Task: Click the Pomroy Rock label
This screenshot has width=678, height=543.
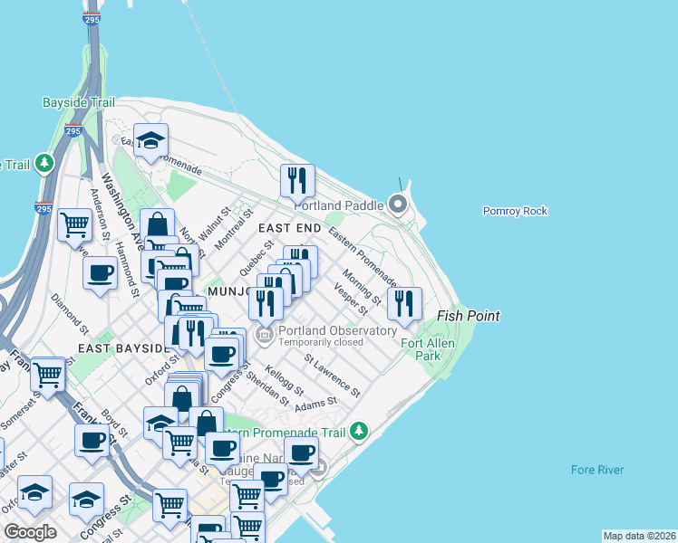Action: (515, 211)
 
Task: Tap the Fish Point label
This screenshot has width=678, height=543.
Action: (469, 316)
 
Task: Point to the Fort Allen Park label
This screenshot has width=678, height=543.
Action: (421, 349)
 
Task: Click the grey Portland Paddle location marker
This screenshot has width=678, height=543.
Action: (398, 205)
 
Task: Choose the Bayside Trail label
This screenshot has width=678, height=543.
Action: (78, 102)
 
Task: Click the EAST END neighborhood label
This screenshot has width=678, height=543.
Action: (289, 230)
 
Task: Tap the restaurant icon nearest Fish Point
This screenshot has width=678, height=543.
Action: (404, 302)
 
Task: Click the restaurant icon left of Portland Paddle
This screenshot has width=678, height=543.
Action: (296, 180)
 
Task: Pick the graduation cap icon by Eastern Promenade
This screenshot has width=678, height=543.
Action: (151, 140)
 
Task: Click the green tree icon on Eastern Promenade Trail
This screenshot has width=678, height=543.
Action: (360, 429)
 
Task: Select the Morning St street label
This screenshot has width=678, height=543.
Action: (362, 286)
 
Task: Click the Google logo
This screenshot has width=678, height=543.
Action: (31, 531)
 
